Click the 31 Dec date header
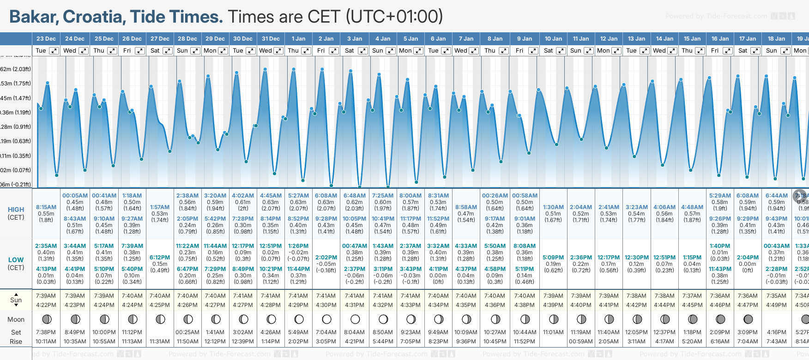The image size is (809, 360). point(271,39)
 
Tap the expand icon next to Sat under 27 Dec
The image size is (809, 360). point(168,51)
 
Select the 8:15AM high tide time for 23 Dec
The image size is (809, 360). point(46,207)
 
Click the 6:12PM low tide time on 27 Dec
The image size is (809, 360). point(160,258)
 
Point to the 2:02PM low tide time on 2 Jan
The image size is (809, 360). point(326,258)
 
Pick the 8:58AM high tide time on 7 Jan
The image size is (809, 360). point(466,207)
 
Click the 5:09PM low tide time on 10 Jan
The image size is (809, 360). point(553,258)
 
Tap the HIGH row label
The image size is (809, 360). point(16,210)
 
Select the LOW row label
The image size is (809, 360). point(16,260)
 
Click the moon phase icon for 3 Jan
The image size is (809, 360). point(355,319)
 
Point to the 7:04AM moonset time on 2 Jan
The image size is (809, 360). point(326,332)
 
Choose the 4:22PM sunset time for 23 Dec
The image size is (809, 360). point(46,305)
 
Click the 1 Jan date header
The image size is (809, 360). point(298,39)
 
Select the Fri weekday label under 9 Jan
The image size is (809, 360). point(519,51)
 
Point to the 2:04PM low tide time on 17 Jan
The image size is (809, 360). point(748,258)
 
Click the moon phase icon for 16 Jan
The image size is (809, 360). point(720,319)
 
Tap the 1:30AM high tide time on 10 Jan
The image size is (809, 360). point(553,207)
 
